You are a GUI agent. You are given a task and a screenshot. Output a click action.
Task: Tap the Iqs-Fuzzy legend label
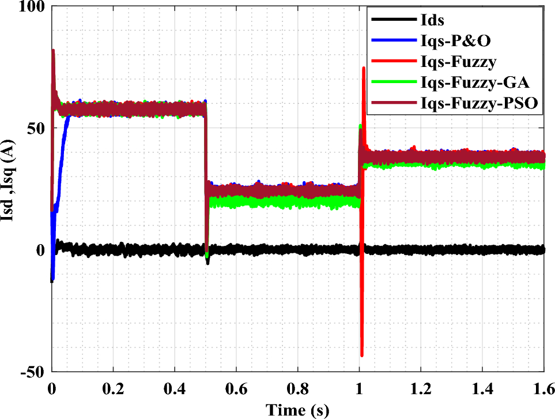451,62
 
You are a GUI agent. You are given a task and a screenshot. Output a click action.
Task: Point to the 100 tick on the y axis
35,8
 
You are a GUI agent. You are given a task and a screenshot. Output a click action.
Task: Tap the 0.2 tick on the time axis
114,386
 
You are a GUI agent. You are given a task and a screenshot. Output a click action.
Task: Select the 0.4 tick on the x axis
175,386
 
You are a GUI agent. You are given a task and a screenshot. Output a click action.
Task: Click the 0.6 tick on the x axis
236,386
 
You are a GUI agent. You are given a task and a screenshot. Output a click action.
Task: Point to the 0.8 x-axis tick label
298,386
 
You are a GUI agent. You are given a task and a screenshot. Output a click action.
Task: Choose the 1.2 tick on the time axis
421,386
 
